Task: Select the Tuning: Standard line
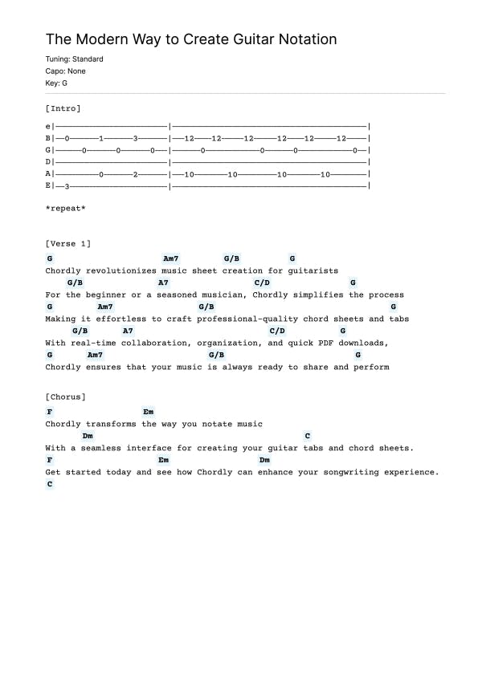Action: pos(74,59)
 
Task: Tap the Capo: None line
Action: pos(66,71)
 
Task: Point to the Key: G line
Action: pos(56,83)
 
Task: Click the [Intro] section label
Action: pos(63,108)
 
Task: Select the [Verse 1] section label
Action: pos(68,243)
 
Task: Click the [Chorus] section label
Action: pos(66,396)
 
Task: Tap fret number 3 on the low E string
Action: pos(67,185)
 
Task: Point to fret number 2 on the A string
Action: pos(136,173)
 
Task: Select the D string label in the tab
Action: pos(48,161)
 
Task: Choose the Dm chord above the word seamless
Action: pos(88,436)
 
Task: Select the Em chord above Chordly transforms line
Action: pos(148,412)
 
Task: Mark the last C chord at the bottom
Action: pos(50,484)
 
